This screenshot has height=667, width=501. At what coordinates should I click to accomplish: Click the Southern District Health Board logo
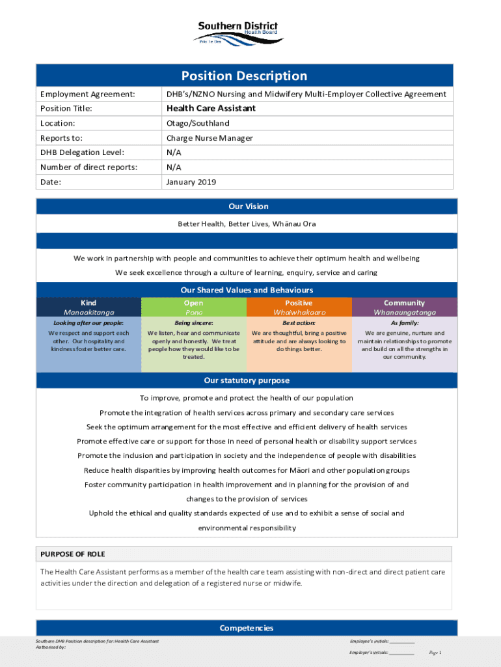pos(237,33)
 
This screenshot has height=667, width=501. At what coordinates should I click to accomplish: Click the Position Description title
pos(244,76)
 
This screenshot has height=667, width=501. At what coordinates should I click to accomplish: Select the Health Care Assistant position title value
pos(211,108)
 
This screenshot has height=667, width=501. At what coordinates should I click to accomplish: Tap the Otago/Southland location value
pos(198,123)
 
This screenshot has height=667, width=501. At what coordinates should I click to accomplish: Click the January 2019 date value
pos(191,182)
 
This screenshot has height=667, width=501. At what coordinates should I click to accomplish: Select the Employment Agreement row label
pos(87,94)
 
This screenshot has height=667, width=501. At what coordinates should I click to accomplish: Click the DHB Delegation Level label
pos(82,152)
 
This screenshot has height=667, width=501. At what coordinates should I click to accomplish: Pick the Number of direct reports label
pos(88,167)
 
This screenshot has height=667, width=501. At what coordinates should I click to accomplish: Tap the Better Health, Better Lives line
pos(247,224)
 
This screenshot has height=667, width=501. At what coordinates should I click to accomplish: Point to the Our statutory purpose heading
pos(247,380)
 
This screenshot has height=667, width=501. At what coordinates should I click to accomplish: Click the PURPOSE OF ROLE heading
pos(73,554)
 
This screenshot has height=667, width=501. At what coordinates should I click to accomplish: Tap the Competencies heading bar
pos(247,628)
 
